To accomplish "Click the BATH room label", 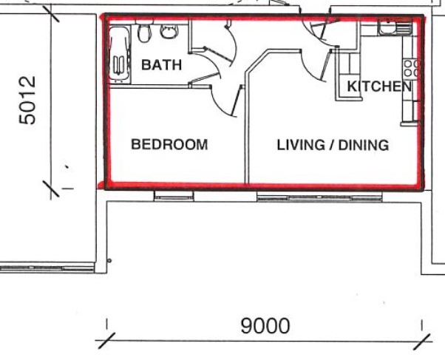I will [161, 65].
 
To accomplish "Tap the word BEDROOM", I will [169, 144].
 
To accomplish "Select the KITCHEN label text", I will [379, 86].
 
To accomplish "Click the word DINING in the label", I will [364, 145].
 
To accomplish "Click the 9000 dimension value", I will [265, 325].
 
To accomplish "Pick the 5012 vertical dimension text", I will [27, 100].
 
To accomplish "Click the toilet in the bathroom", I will [145, 33].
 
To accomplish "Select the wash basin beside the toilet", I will [169, 31].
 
